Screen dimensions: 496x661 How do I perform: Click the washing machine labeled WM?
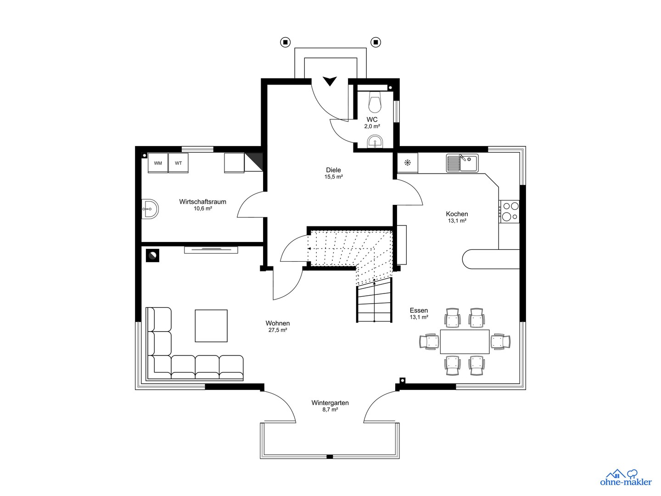pyautogui.click(x=158, y=163)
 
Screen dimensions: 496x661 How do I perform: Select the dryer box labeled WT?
pyautogui.click(x=178, y=163)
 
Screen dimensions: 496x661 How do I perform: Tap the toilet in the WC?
pyautogui.click(x=375, y=103)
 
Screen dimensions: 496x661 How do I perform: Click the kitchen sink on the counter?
pyautogui.click(x=462, y=163)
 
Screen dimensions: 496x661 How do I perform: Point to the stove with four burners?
pyautogui.click(x=510, y=212)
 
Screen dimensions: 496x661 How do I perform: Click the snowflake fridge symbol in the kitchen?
pyautogui.click(x=407, y=163)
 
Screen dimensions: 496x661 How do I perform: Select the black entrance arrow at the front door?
pyautogui.click(x=329, y=81)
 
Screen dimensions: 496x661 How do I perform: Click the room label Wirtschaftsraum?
pyautogui.click(x=202, y=202)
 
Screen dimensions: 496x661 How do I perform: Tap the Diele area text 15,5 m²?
pyautogui.click(x=333, y=177)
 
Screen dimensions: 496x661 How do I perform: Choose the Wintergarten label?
pyautogui.click(x=330, y=403)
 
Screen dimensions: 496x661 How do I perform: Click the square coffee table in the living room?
pyautogui.click(x=211, y=326)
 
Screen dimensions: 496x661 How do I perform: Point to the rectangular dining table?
pyautogui.click(x=465, y=342)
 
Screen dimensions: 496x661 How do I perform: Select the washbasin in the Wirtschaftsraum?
pyautogui.click(x=150, y=209)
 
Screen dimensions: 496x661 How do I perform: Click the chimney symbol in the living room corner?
pyautogui.click(x=152, y=255)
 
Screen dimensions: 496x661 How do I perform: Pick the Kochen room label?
pyautogui.click(x=457, y=214)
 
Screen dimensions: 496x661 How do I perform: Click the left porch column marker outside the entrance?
pyautogui.click(x=286, y=42)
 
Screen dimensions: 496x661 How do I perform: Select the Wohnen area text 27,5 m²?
pyautogui.click(x=278, y=330)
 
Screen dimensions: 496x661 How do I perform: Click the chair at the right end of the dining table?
pyautogui.click(x=500, y=342)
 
